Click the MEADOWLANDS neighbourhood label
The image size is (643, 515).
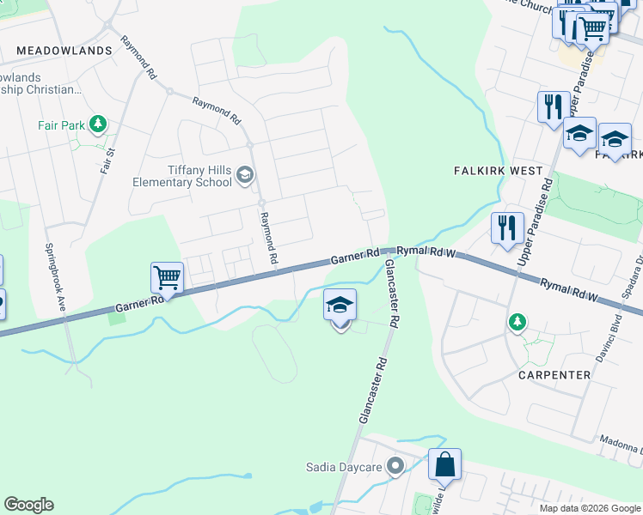[x=64, y=51]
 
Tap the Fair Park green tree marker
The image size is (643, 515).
[x=98, y=125]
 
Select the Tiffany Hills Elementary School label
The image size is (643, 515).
[x=182, y=175]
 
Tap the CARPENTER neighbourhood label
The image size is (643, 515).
[x=554, y=375]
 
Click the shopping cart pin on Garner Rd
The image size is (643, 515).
[x=167, y=279]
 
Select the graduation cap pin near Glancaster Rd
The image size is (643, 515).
[x=340, y=306]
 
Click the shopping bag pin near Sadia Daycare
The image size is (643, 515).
[x=444, y=465]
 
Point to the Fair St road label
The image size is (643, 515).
[x=107, y=160]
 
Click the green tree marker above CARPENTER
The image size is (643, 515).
[x=517, y=322]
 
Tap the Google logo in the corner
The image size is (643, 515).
[x=28, y=505]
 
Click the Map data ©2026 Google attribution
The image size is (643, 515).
[x=591, y=508]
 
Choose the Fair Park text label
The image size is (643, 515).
[x=61, y=125]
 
